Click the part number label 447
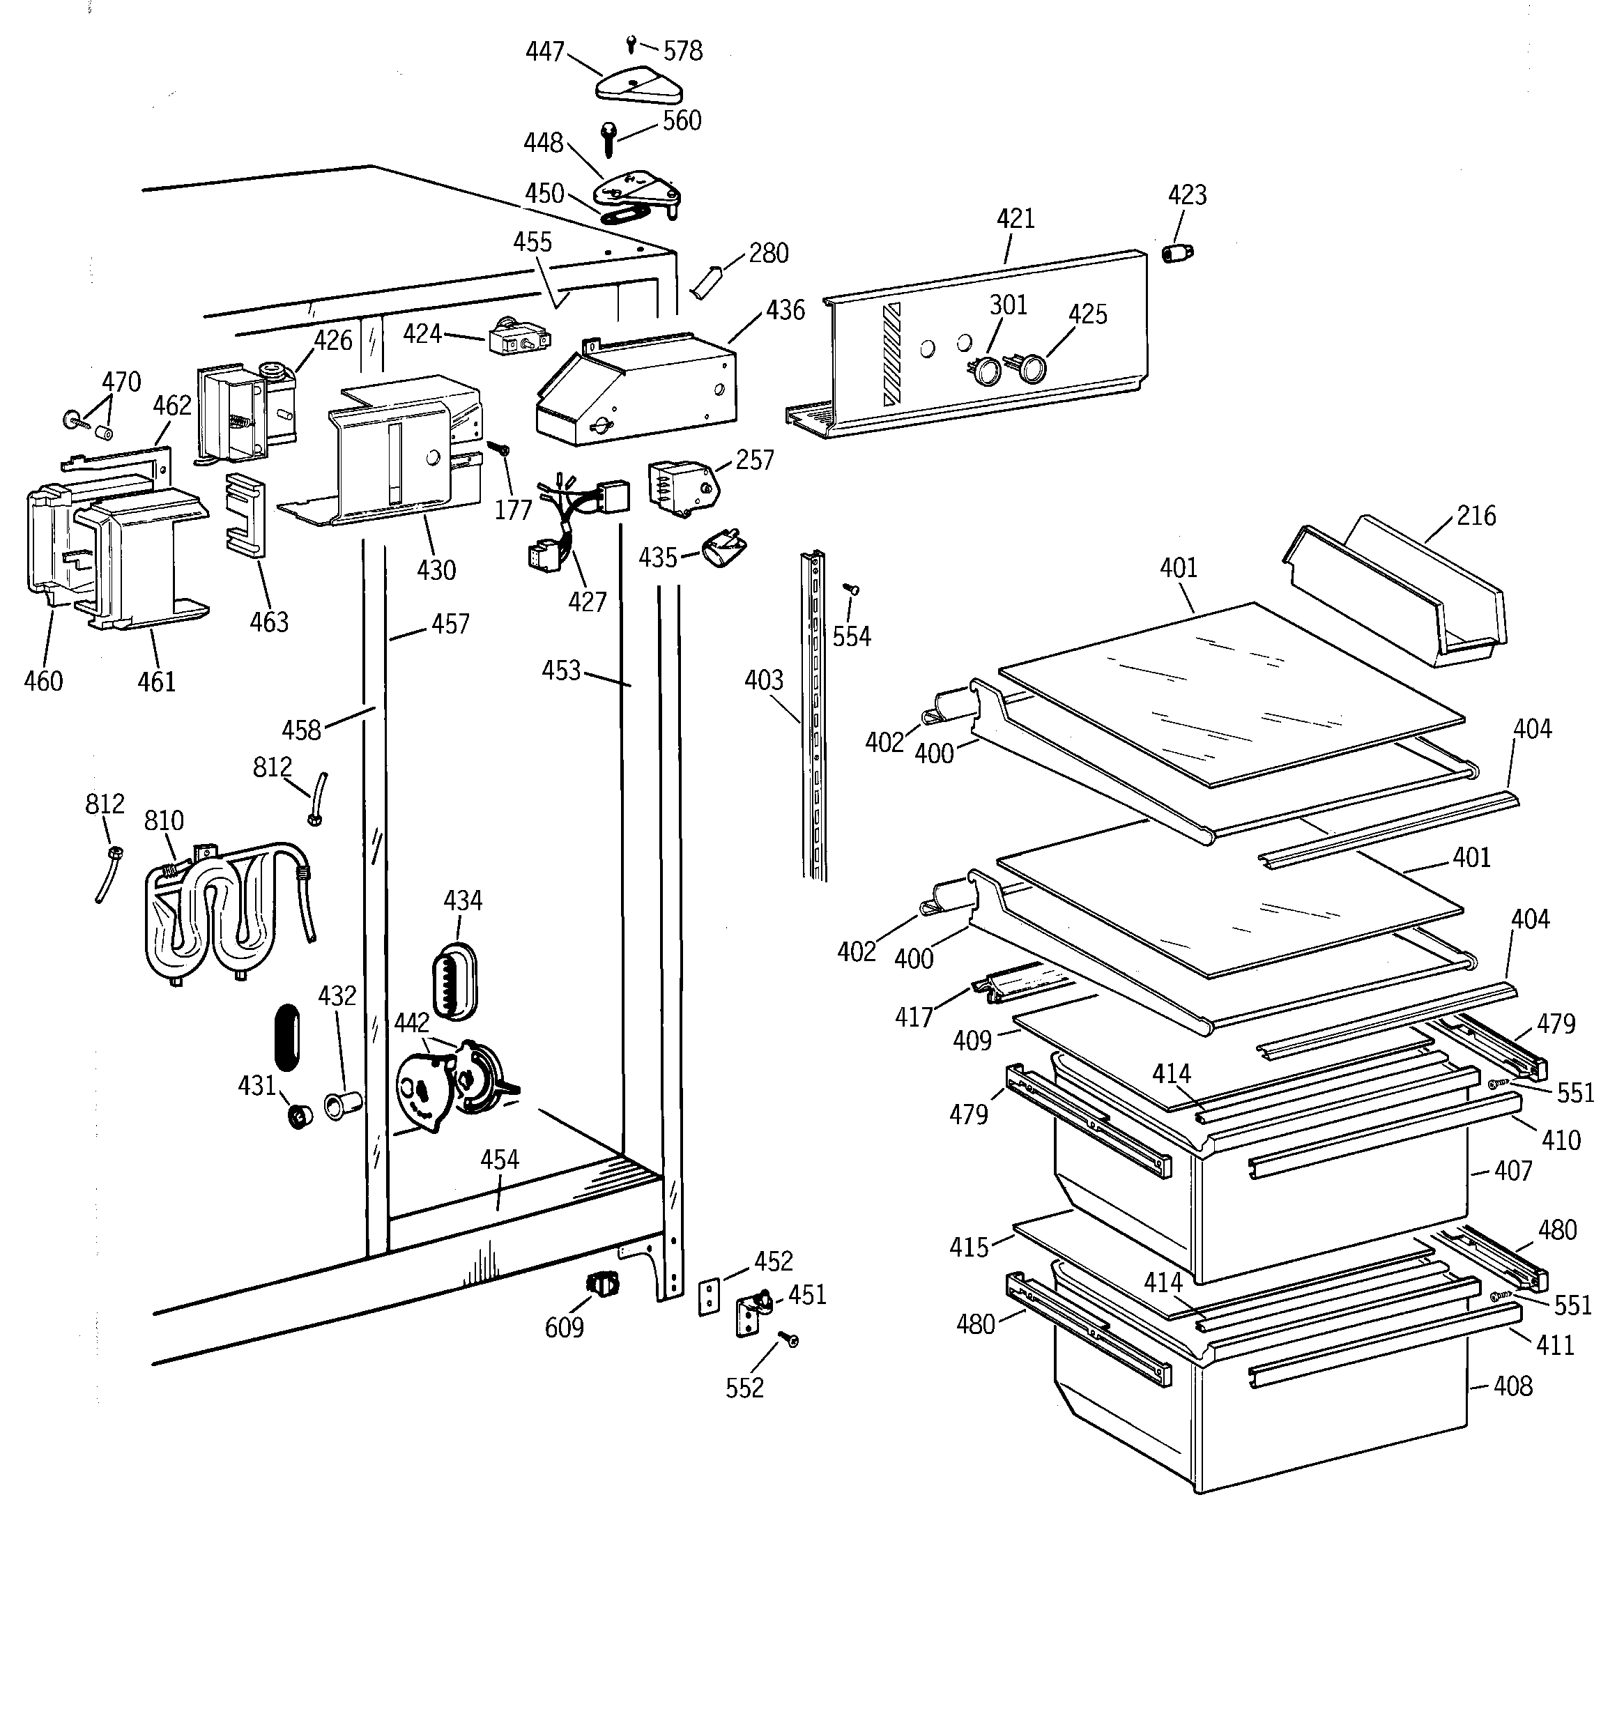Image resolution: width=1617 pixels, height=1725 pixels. [x=545, y=52]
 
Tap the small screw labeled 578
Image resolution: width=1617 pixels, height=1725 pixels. [x=631, y=43]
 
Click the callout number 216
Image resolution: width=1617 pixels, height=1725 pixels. [x=1476, y=516]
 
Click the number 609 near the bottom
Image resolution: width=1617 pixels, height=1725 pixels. [x=564, y=1328]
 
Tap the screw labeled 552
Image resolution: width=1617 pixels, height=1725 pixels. [x=790, y=1340]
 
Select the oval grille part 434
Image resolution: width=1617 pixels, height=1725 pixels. [x=454, y=981]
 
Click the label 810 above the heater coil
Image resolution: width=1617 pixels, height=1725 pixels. [x=163, y=821]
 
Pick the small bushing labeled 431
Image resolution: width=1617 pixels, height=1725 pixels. [x=300, y=1116]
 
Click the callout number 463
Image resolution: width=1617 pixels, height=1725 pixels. [x=269, y=622]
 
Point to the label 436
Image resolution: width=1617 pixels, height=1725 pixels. [x=785, y=309]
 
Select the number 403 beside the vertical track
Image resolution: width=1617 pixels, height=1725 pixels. [x=764, y=680]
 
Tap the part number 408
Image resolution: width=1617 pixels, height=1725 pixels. [x=1513, y=1386]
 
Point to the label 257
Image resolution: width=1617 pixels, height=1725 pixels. [x=754, y=460]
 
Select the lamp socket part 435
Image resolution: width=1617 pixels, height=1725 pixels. [x=724, y=550]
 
